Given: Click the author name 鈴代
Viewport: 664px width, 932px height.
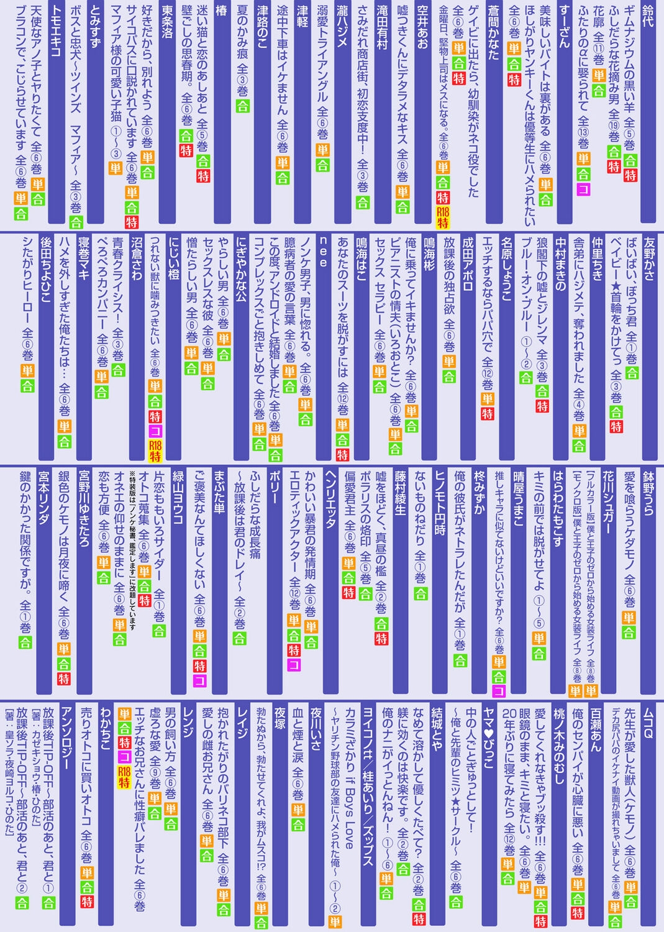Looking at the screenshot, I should [x=647, y=17].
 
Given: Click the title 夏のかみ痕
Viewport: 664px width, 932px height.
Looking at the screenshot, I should [x=242, y=37].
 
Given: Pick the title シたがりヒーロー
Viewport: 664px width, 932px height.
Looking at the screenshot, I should [x=27, y=280].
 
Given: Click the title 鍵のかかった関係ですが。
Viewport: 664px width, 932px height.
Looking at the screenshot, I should [x=25, y=534].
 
